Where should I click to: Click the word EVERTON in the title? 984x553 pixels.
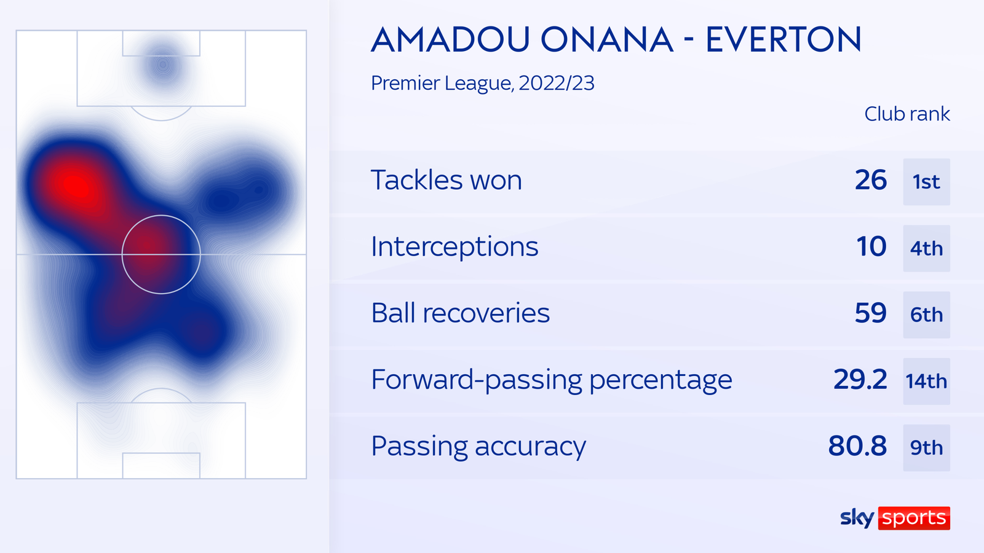point(783,40)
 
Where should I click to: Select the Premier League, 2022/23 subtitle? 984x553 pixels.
point(483,83)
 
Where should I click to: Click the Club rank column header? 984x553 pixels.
point(907,114)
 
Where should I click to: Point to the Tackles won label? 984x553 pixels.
point(446,181)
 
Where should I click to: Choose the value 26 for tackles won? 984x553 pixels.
point(871,181)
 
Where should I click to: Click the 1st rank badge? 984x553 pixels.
point(926,182)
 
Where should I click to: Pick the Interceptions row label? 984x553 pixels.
point(454,247)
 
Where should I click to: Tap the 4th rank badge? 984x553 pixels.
point(926,248)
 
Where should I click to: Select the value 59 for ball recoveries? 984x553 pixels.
point(871,313)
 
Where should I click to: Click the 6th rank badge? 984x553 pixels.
point(926,315)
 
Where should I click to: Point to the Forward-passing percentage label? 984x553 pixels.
point(552,380)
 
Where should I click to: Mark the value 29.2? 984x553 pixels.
point(860,380)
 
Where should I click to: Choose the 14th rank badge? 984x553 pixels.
point(926,381)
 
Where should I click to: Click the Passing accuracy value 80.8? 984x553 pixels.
point(857,446)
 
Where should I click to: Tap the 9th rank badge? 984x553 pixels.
point(926,447)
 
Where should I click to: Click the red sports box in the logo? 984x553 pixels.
point(914,518)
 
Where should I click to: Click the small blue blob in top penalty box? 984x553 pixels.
point(163,65)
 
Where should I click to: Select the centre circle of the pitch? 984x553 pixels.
point(161,254)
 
